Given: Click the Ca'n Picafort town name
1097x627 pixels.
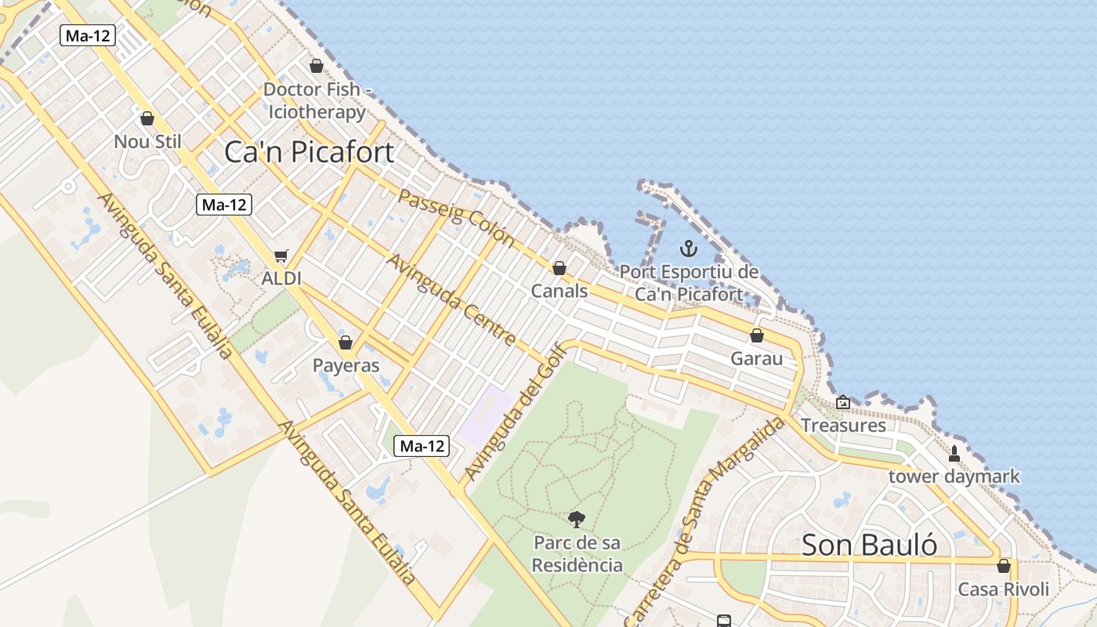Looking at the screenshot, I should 309,151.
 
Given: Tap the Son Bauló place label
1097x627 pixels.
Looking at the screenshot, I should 869,545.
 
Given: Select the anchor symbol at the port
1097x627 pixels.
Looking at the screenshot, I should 688,249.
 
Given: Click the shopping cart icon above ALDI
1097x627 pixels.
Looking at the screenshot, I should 281,256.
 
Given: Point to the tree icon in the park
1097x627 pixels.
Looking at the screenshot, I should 577,519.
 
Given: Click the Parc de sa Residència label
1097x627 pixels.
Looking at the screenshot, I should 577,553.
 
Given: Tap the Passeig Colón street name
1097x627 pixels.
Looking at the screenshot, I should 456,217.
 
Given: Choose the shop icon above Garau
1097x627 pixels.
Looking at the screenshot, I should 757,335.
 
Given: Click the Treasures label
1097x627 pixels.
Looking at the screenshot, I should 843,426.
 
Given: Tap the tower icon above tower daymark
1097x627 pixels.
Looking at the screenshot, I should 954,453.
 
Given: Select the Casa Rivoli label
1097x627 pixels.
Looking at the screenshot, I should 1003,589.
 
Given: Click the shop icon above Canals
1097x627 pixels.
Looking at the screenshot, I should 559,268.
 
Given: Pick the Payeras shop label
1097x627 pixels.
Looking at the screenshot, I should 346,365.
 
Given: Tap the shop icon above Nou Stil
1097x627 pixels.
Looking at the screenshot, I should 147,118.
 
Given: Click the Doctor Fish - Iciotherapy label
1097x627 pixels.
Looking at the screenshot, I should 317,100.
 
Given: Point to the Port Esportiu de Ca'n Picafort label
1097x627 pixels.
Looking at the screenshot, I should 689,283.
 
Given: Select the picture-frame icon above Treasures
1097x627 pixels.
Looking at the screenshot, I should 843,402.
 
